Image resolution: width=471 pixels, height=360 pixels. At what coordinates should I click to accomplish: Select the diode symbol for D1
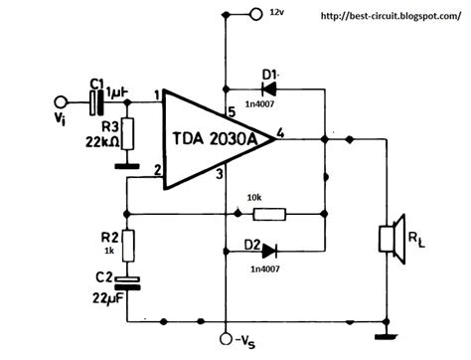[268, 90]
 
